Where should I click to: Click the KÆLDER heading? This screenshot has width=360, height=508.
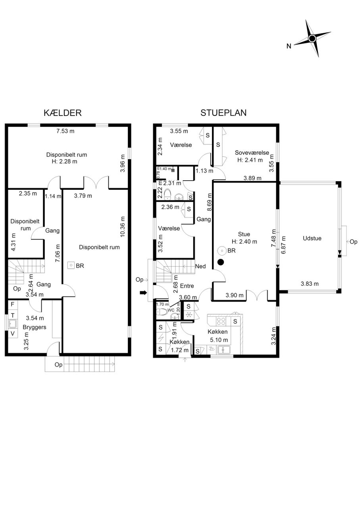pos(63,113)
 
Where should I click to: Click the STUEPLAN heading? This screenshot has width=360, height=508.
pos(223,113)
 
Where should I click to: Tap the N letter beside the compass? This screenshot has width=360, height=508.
pos(289,46)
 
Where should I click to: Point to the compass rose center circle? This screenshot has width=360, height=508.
pos(312,38)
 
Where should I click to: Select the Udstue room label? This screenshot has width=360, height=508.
pos(312,238)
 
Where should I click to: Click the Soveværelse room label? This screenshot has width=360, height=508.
pos(252,153)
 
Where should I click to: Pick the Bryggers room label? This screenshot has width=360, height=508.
pos(35,327)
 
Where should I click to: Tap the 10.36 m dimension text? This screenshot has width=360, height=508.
pos(123,227)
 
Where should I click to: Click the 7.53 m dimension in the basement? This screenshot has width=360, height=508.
pos(65,131)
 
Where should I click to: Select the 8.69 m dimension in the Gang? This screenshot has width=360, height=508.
pos(209,202)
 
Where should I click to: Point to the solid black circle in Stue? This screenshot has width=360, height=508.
pos(221,262)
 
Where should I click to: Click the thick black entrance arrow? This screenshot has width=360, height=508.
pos(143,293)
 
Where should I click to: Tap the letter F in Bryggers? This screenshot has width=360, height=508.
pos(13,304)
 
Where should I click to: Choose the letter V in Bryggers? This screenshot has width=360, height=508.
pos(13,333)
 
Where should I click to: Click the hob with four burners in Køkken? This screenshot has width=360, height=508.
pos(221,321)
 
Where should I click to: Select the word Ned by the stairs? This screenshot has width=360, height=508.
pos(200,266)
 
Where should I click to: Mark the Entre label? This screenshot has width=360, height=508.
pos(187,286)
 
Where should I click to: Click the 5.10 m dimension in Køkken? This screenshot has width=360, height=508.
pos(219,340)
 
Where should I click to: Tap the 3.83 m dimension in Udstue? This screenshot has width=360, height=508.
pos(310,284)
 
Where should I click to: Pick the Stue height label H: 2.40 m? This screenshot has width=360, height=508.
pos(244,242)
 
